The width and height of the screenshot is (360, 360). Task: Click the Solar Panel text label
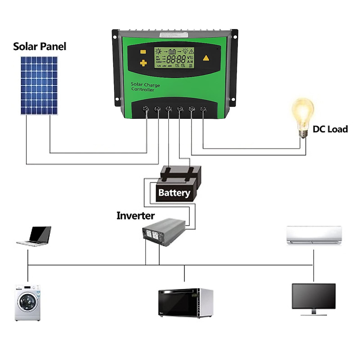click(40, 46)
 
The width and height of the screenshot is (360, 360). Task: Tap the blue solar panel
click(39, 85)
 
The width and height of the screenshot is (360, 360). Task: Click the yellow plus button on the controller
click(143, 63)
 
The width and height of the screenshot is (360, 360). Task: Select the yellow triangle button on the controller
click(206, 58)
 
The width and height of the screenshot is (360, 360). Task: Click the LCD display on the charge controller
click(174, 58)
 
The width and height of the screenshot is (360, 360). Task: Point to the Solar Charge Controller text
click(145, 87)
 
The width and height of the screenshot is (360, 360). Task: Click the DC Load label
click(330, 129)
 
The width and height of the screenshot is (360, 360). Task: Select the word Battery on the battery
click(174, 193)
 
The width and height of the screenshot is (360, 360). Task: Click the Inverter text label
click(135, 216)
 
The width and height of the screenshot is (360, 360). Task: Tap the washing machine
click(27, 303)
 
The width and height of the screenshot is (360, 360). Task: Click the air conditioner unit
click(314, 235)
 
